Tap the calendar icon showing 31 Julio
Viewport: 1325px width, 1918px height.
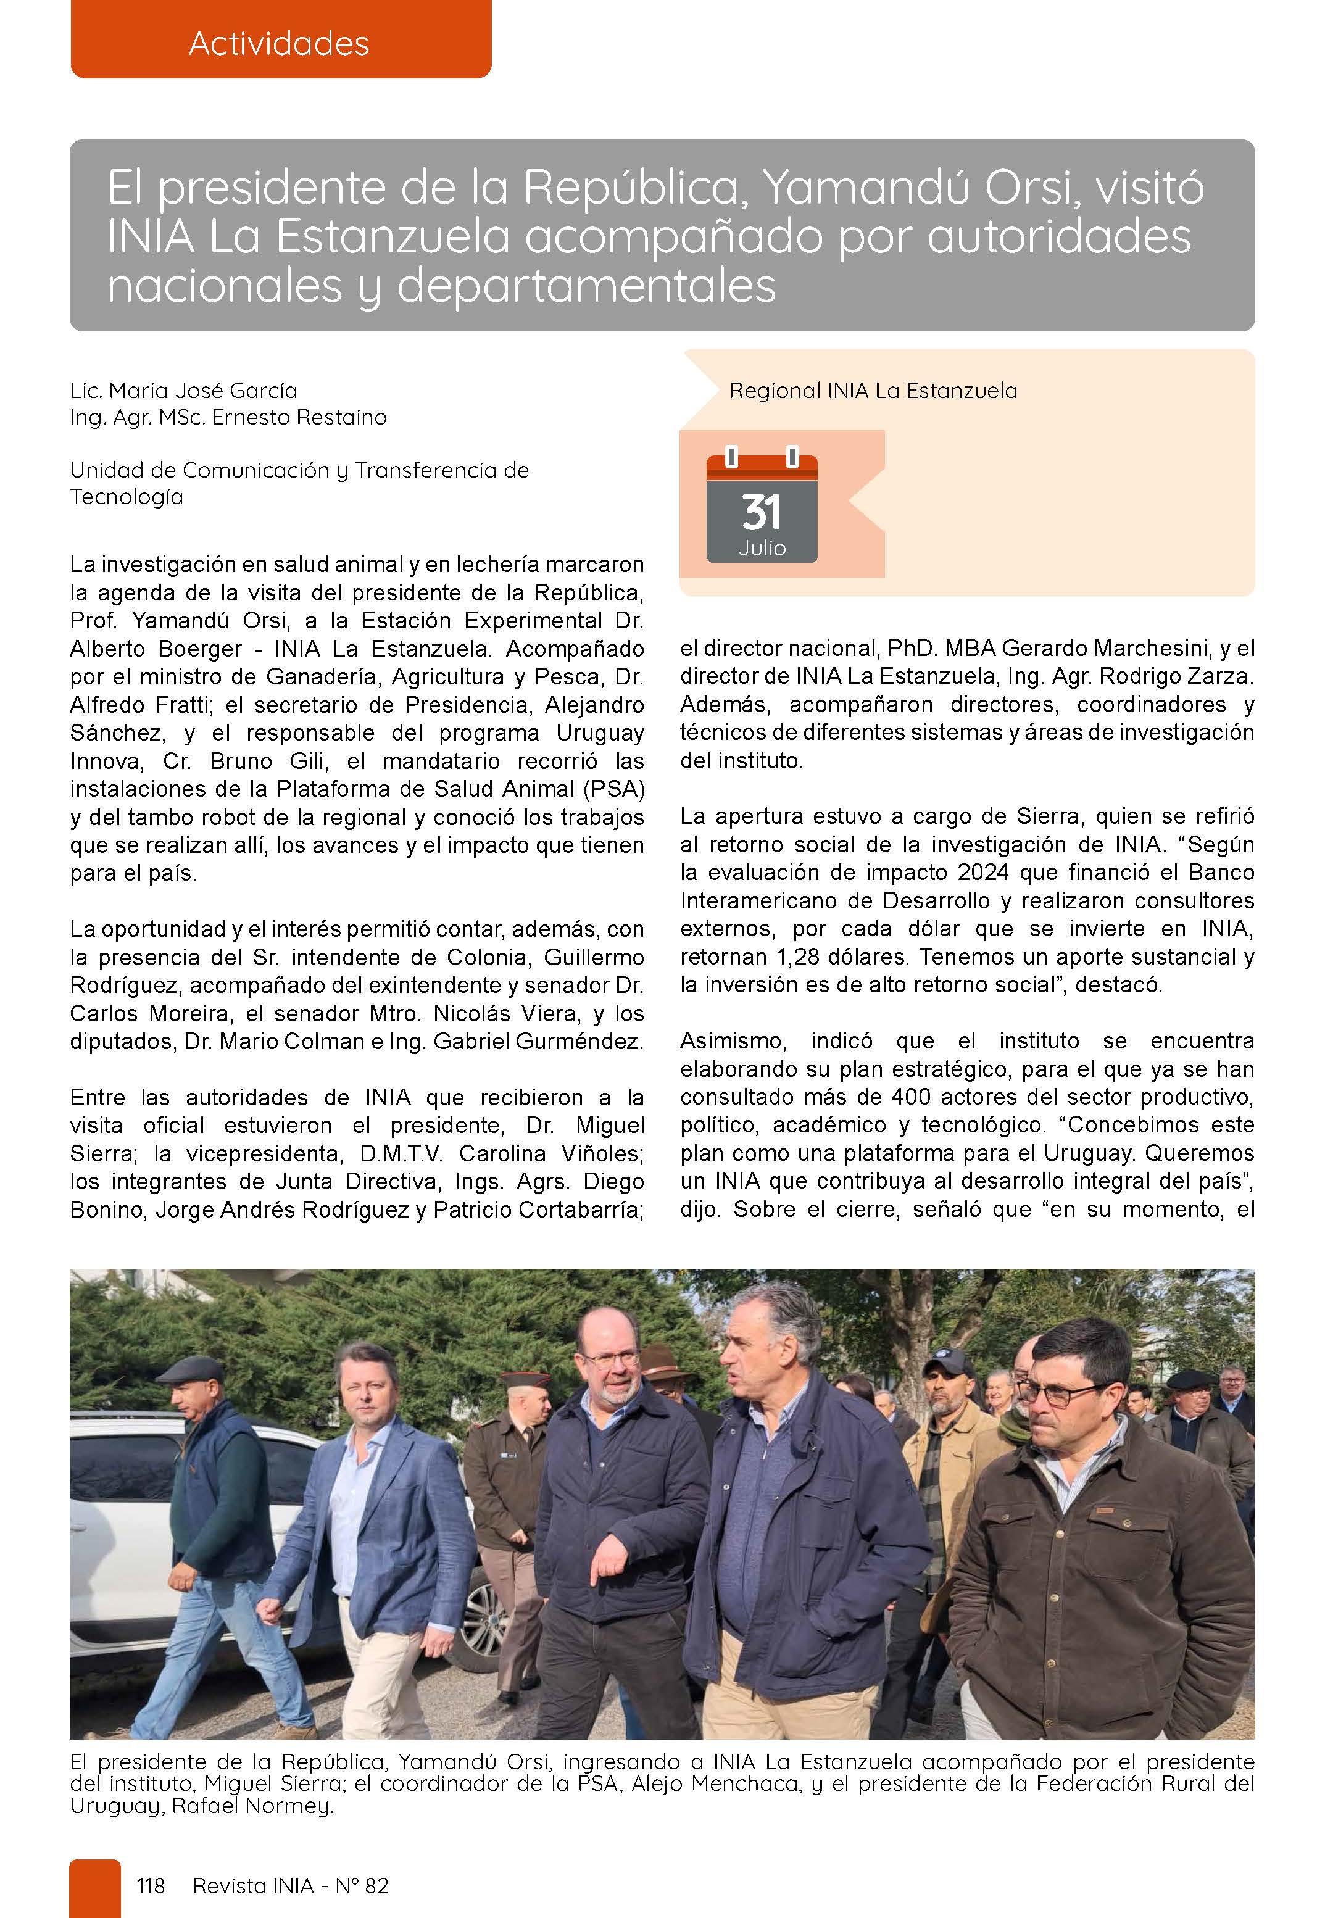pyautogui.click(x=762, y=508)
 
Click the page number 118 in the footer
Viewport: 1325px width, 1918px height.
pyautogui.click(x=150, y=1886)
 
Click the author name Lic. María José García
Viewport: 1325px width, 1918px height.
pyautogui.click(x=183, y=390)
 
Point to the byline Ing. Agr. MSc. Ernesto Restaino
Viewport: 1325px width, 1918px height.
pyautogui.click(x=228, y=417)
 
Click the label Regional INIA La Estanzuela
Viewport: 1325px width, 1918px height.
pyautogui.click(x=873, y=390)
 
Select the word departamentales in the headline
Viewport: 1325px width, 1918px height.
pyautogui.click(x=586, y=286)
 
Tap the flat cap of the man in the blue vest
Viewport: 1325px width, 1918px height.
pyautogui.click(x=189, y=1369)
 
